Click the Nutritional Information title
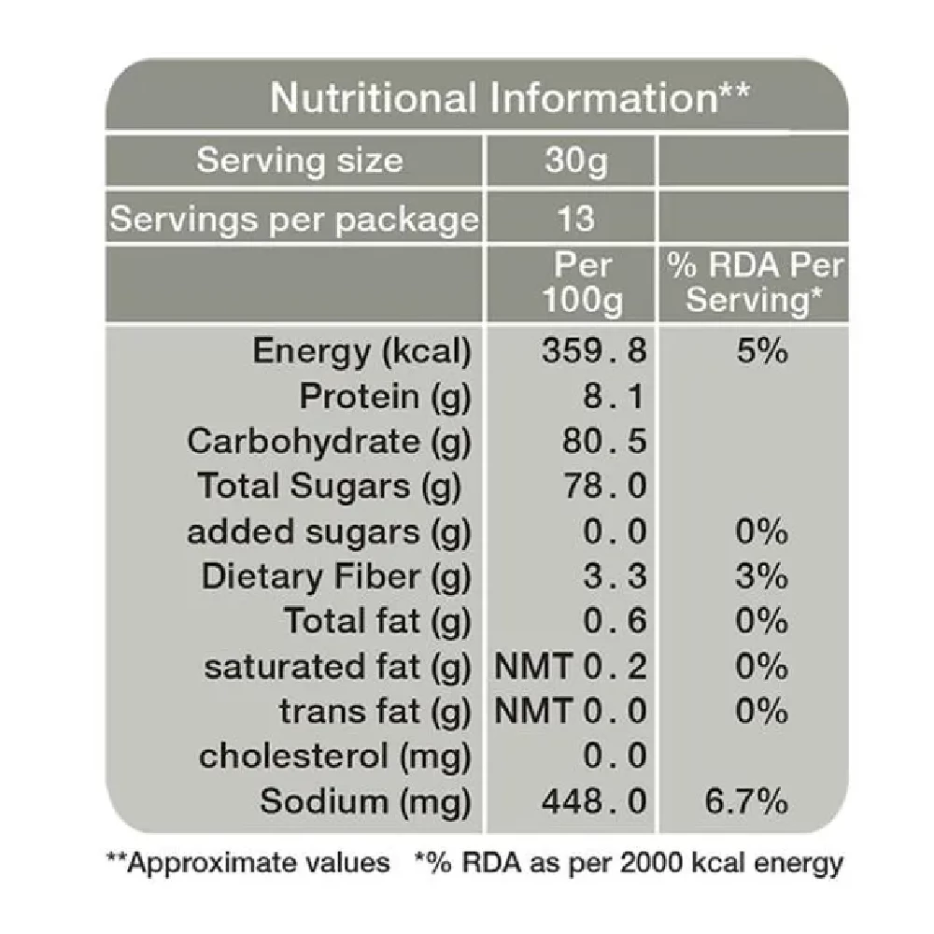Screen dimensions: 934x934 point(509,98)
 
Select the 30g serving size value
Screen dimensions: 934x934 point(575,161)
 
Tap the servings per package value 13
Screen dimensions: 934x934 point(575,219)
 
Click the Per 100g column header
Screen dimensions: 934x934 point(585,283)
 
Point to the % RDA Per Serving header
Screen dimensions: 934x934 point(755,283)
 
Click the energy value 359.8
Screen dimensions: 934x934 point(595,352)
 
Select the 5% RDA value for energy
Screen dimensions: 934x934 point(760,352)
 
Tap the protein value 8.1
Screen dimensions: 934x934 point(614,397)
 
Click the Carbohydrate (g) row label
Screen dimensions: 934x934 point(329,442)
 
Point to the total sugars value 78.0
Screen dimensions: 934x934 point(604,487)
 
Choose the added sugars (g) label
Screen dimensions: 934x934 point(329,532)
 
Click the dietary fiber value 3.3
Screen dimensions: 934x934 point(615,576)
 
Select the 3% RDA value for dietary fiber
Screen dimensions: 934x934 point(760,576)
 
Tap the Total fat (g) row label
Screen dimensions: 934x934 point(377,621)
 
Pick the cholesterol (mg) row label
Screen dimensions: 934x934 point(334,757)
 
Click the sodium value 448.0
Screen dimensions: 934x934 point(595,802)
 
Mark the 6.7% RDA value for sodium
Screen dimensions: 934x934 point(755,802)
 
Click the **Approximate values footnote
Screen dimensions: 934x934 point(248,863)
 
